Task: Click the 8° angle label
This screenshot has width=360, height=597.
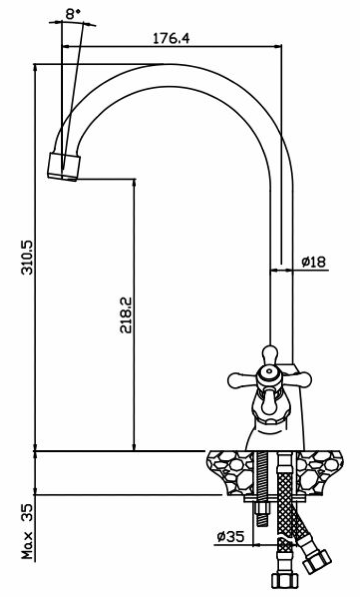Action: click(x=73, y=14)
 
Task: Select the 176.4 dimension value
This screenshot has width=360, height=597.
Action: click(x=171, y=38)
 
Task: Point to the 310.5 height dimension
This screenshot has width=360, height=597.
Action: click(x=28, y=257)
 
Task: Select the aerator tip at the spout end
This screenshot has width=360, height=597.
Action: click(x=64, y=166)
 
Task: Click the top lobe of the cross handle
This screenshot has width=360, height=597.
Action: click(x=270, y=355)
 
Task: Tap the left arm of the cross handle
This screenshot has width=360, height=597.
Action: click(x=242, y=380)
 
